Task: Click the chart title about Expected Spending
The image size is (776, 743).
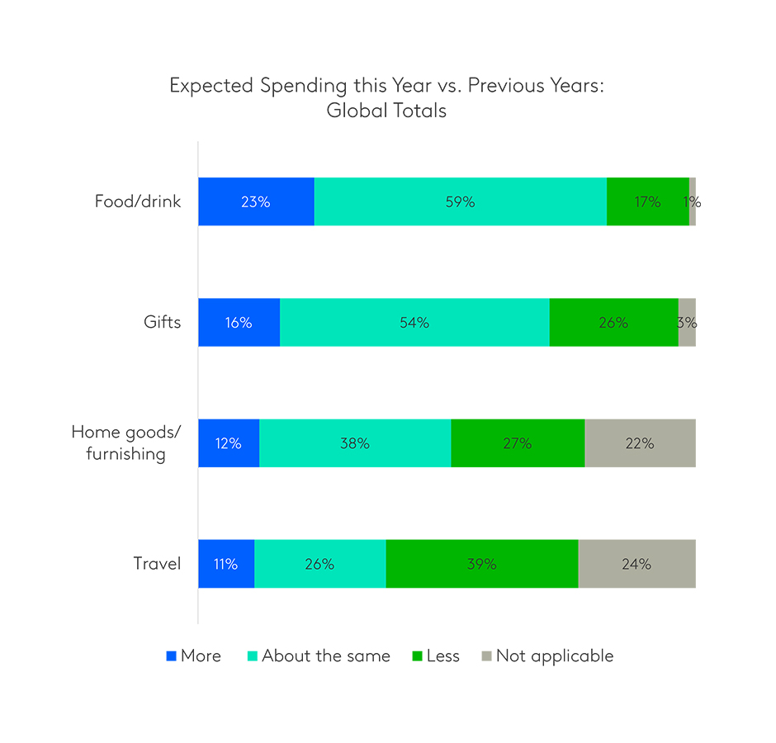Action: click(x=386, y=98)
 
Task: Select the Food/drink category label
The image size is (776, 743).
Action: click(x=137, y=201)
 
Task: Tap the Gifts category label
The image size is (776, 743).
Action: click(x=162, y=322)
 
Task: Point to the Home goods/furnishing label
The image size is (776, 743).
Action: click(x=125, y=443)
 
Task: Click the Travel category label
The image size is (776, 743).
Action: click(x=157, y=564)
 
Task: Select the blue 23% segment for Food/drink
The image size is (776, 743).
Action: click(x=256, y=201)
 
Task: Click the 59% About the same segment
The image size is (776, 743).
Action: click(x=460, y=201)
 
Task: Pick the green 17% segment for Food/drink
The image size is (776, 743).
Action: click(x=647, y=201)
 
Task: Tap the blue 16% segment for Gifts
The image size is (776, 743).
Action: click(x=239, y=322)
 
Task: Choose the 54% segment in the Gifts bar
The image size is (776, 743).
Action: click(x=414, y=322)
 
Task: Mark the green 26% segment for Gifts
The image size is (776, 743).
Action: click(x=613, y=322)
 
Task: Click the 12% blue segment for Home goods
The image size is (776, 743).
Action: click(x=229, y=443)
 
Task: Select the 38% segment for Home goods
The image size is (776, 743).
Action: click(x=355, y=443)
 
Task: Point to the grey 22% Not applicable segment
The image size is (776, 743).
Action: click(x=640, y=443)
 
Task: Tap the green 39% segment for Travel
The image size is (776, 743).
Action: click(x=481, y=564)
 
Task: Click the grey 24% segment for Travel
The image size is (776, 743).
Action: click(x=636, y=564)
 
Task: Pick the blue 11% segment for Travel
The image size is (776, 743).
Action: click(x=225, y=564)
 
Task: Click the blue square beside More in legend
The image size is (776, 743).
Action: click(x=172, y=656)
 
